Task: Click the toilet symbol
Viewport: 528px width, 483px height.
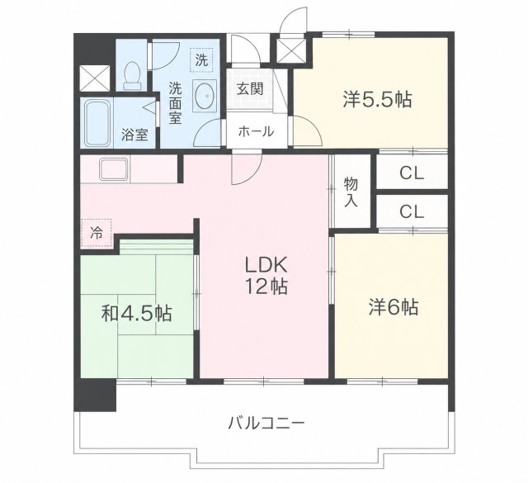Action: coord(132,76)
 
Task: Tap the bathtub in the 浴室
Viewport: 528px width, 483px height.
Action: coord(98,123)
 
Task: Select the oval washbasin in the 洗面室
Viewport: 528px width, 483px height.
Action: coord(204,95)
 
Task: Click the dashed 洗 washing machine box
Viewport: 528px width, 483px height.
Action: coord(201,60)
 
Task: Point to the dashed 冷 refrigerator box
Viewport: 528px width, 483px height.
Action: coord(96,233)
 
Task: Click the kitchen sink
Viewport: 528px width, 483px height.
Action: coord(114,169)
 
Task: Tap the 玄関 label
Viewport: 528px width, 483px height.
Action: coord(249,89)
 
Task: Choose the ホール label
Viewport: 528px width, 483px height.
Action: coord(256,131)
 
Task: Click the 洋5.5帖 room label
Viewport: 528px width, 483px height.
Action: coord(377,99)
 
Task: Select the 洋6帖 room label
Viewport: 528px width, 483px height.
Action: coord(394,307)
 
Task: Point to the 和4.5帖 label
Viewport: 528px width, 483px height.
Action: coord(137,314)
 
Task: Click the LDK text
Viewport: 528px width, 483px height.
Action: coord(266,264)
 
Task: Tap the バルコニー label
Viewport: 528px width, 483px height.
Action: coord(266,423)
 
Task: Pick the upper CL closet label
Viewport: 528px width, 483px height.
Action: coord(411,173)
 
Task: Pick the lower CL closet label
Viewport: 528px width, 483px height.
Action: coord(411,212)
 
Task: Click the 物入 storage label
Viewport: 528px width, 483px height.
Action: coord(351,192)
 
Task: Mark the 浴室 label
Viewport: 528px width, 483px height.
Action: coord(134,135)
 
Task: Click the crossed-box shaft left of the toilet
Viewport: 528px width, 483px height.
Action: coord(96,78)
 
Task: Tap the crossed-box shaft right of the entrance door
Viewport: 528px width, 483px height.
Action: coord(291,51)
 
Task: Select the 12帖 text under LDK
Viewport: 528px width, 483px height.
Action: coord(266,286)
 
